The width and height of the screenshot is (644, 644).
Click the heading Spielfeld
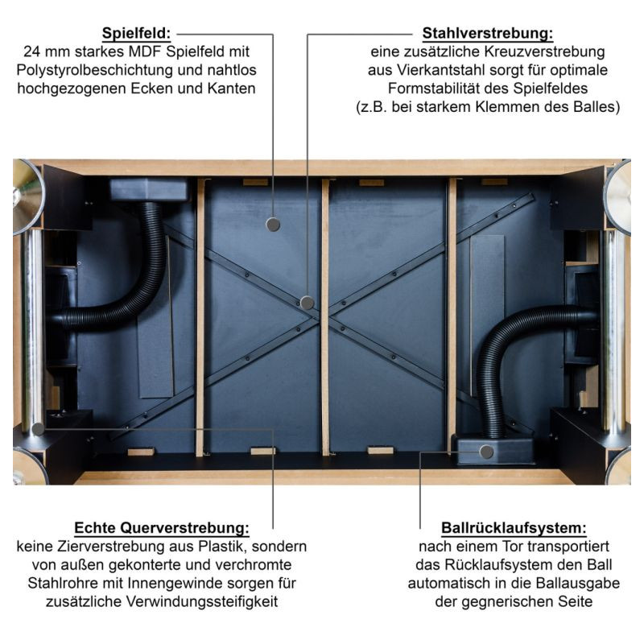[x=136, y=33]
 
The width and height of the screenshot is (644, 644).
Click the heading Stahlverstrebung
[x=488, y=33]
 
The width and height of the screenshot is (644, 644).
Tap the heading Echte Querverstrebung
[x=162, y=528]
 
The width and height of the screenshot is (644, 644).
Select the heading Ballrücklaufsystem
[x=514, y=528]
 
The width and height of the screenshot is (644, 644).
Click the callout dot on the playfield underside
[x=273, y=225]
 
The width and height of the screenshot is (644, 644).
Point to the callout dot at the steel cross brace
[x=308, y=303]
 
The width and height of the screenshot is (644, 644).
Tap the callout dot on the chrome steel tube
[x=38, y=429]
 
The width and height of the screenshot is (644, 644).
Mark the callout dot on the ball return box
[x=486, y=452]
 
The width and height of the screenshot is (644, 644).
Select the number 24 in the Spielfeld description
[x=32, y=52]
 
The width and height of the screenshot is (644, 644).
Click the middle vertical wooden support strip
[x=325, y=317]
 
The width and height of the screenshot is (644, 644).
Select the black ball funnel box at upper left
[x=149, y=189]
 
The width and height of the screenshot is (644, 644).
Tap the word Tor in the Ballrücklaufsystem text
[x=512, y=547]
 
